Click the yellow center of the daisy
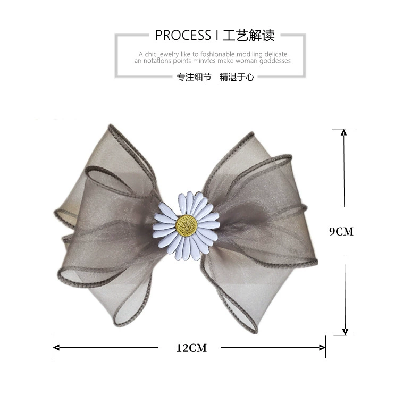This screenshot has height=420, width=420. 187,225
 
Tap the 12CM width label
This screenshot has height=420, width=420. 191,348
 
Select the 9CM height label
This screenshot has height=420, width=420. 341,231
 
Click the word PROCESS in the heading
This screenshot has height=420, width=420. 183,35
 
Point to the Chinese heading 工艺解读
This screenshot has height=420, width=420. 249,36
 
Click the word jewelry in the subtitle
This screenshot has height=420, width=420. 169,54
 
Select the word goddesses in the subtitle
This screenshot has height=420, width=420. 275,61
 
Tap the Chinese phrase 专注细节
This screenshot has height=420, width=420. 194,77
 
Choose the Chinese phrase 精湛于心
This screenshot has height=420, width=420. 237,77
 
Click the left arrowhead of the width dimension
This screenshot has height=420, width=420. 56,348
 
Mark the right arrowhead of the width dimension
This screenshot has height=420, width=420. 323,348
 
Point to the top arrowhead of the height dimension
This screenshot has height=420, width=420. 343,132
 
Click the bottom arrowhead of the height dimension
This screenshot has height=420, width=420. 345,332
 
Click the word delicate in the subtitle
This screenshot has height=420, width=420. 276,54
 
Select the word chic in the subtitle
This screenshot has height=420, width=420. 151,54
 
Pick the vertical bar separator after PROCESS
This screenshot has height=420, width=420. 217,35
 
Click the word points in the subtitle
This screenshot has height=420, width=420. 182,61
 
